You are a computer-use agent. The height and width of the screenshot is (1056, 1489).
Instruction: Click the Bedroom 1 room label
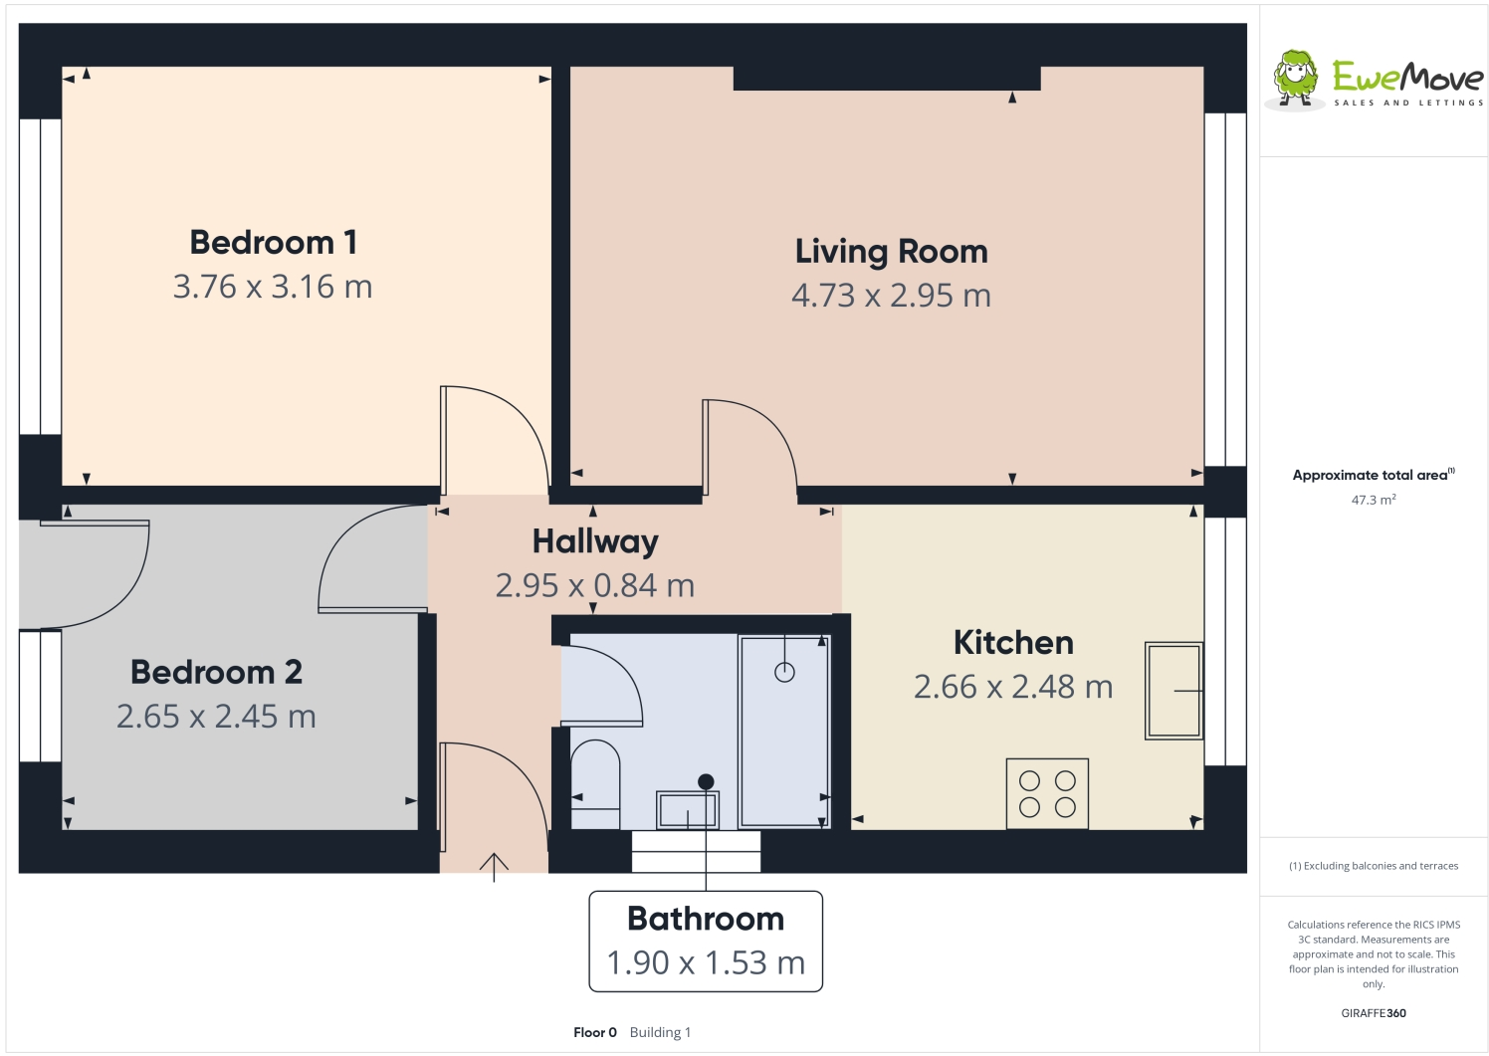click(x=273, y=242)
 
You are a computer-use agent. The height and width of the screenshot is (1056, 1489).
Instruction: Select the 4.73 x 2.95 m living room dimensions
click(x=891, y=296)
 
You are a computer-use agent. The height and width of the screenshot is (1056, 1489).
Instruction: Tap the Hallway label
click(x=595, y=541)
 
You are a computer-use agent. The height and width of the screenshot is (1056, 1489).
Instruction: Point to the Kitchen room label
click(x=1013, y=643)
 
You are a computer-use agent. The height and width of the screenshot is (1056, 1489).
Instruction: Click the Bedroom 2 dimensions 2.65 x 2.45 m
click(x=216, y=717)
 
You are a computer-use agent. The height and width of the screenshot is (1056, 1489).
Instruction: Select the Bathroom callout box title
click(x=706, y=919)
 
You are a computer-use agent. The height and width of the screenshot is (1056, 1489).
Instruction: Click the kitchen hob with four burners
click(x=1047, y=794)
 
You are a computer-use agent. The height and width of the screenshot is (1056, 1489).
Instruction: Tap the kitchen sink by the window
click(x=1173, y=690)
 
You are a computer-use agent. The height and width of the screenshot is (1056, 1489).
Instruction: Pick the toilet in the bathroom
click(x=595, y=781)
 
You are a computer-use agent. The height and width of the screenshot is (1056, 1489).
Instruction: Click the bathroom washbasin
click(x=687, y=810)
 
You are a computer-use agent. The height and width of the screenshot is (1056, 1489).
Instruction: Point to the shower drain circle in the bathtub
click(x=784, y=673)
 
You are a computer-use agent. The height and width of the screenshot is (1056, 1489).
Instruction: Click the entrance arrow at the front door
click(x=494, y=866)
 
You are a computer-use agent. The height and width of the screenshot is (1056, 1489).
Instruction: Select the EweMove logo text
click(x=1407, y=77)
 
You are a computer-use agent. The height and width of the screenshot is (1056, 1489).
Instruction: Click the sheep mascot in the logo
click(x=1295, y=78)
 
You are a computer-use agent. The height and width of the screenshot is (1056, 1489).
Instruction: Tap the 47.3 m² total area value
click(x=1374, y=500)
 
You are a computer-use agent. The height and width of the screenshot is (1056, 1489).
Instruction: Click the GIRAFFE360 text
click(x=1374, y=1013)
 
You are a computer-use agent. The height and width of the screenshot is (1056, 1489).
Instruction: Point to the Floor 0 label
click(x=595, y=1032)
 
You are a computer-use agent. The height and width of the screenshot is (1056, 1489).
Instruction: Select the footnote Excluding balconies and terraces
click(x=1374, y=866)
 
